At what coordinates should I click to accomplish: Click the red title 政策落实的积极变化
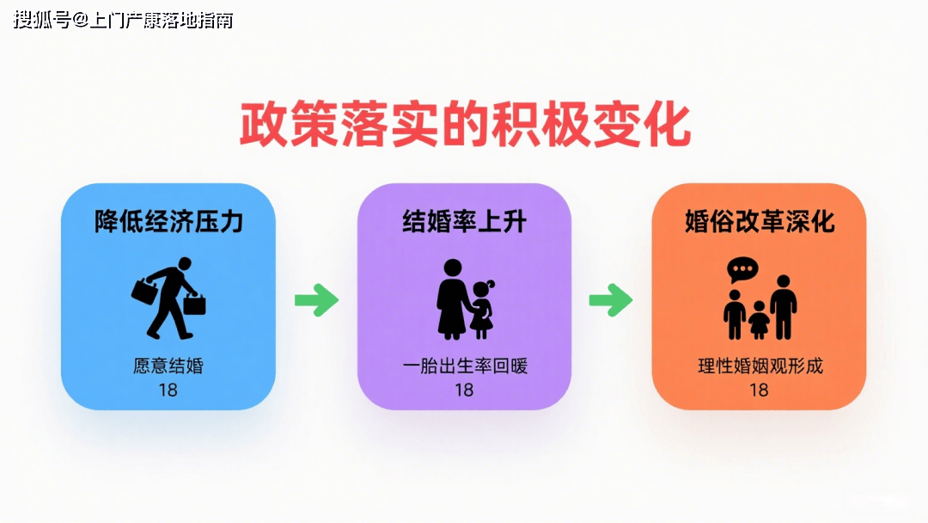465,125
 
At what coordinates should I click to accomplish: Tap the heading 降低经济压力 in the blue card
168,222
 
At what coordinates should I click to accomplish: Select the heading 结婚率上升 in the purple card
465,222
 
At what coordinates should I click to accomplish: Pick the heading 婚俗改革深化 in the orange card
760,222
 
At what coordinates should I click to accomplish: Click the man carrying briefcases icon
168,298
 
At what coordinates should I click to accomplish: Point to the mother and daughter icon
465,299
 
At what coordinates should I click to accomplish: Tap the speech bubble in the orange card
742,270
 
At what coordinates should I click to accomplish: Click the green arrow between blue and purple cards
316,299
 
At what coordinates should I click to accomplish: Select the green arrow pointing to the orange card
611,299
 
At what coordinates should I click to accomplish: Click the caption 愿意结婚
168,366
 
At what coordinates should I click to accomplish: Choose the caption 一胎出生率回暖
465,366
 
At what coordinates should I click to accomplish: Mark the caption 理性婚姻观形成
760,366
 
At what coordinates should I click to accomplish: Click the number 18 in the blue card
168,390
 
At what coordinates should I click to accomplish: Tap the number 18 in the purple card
464,390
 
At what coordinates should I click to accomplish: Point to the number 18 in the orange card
759,390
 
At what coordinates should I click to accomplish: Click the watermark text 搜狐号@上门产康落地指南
123,20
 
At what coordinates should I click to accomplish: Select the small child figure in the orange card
760,321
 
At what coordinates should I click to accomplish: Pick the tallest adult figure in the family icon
784,307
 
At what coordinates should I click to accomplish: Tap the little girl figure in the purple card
482,309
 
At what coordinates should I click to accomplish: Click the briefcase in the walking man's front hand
195,305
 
